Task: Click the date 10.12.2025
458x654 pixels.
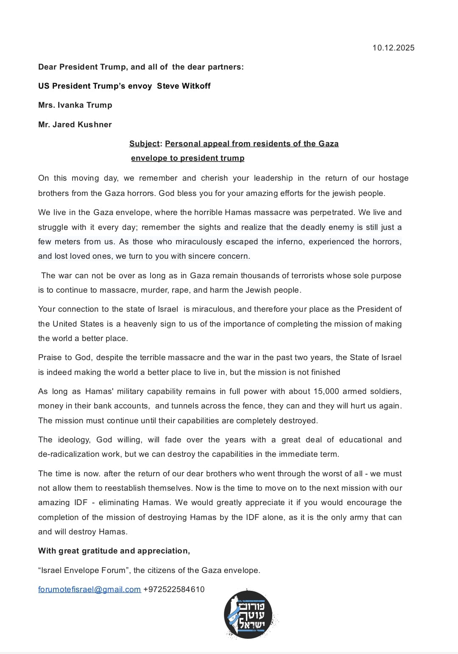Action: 393,48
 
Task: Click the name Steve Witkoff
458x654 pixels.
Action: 184,86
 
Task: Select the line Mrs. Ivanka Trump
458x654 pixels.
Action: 75,105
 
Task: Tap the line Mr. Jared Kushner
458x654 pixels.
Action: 75,125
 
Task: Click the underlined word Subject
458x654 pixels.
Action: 144,144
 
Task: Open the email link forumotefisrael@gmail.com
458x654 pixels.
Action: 89,590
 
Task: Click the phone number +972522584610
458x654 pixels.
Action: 174,590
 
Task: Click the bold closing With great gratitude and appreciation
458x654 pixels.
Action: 114,551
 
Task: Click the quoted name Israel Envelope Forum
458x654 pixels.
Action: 84,570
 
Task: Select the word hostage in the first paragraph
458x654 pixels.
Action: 393,178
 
